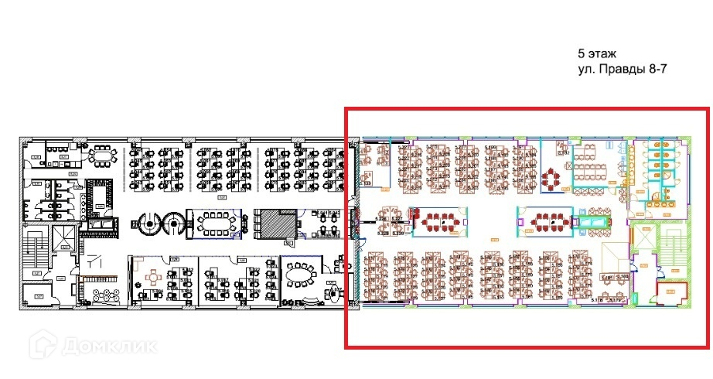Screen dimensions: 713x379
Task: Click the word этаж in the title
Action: tap(602, 54)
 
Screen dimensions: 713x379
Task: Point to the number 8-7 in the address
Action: tap(656, 70)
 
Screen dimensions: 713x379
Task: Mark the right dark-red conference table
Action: tap(549, 221)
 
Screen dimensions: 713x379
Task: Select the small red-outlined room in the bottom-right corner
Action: tap(671, 292)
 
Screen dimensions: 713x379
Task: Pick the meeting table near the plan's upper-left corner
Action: tap(101, 155)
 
